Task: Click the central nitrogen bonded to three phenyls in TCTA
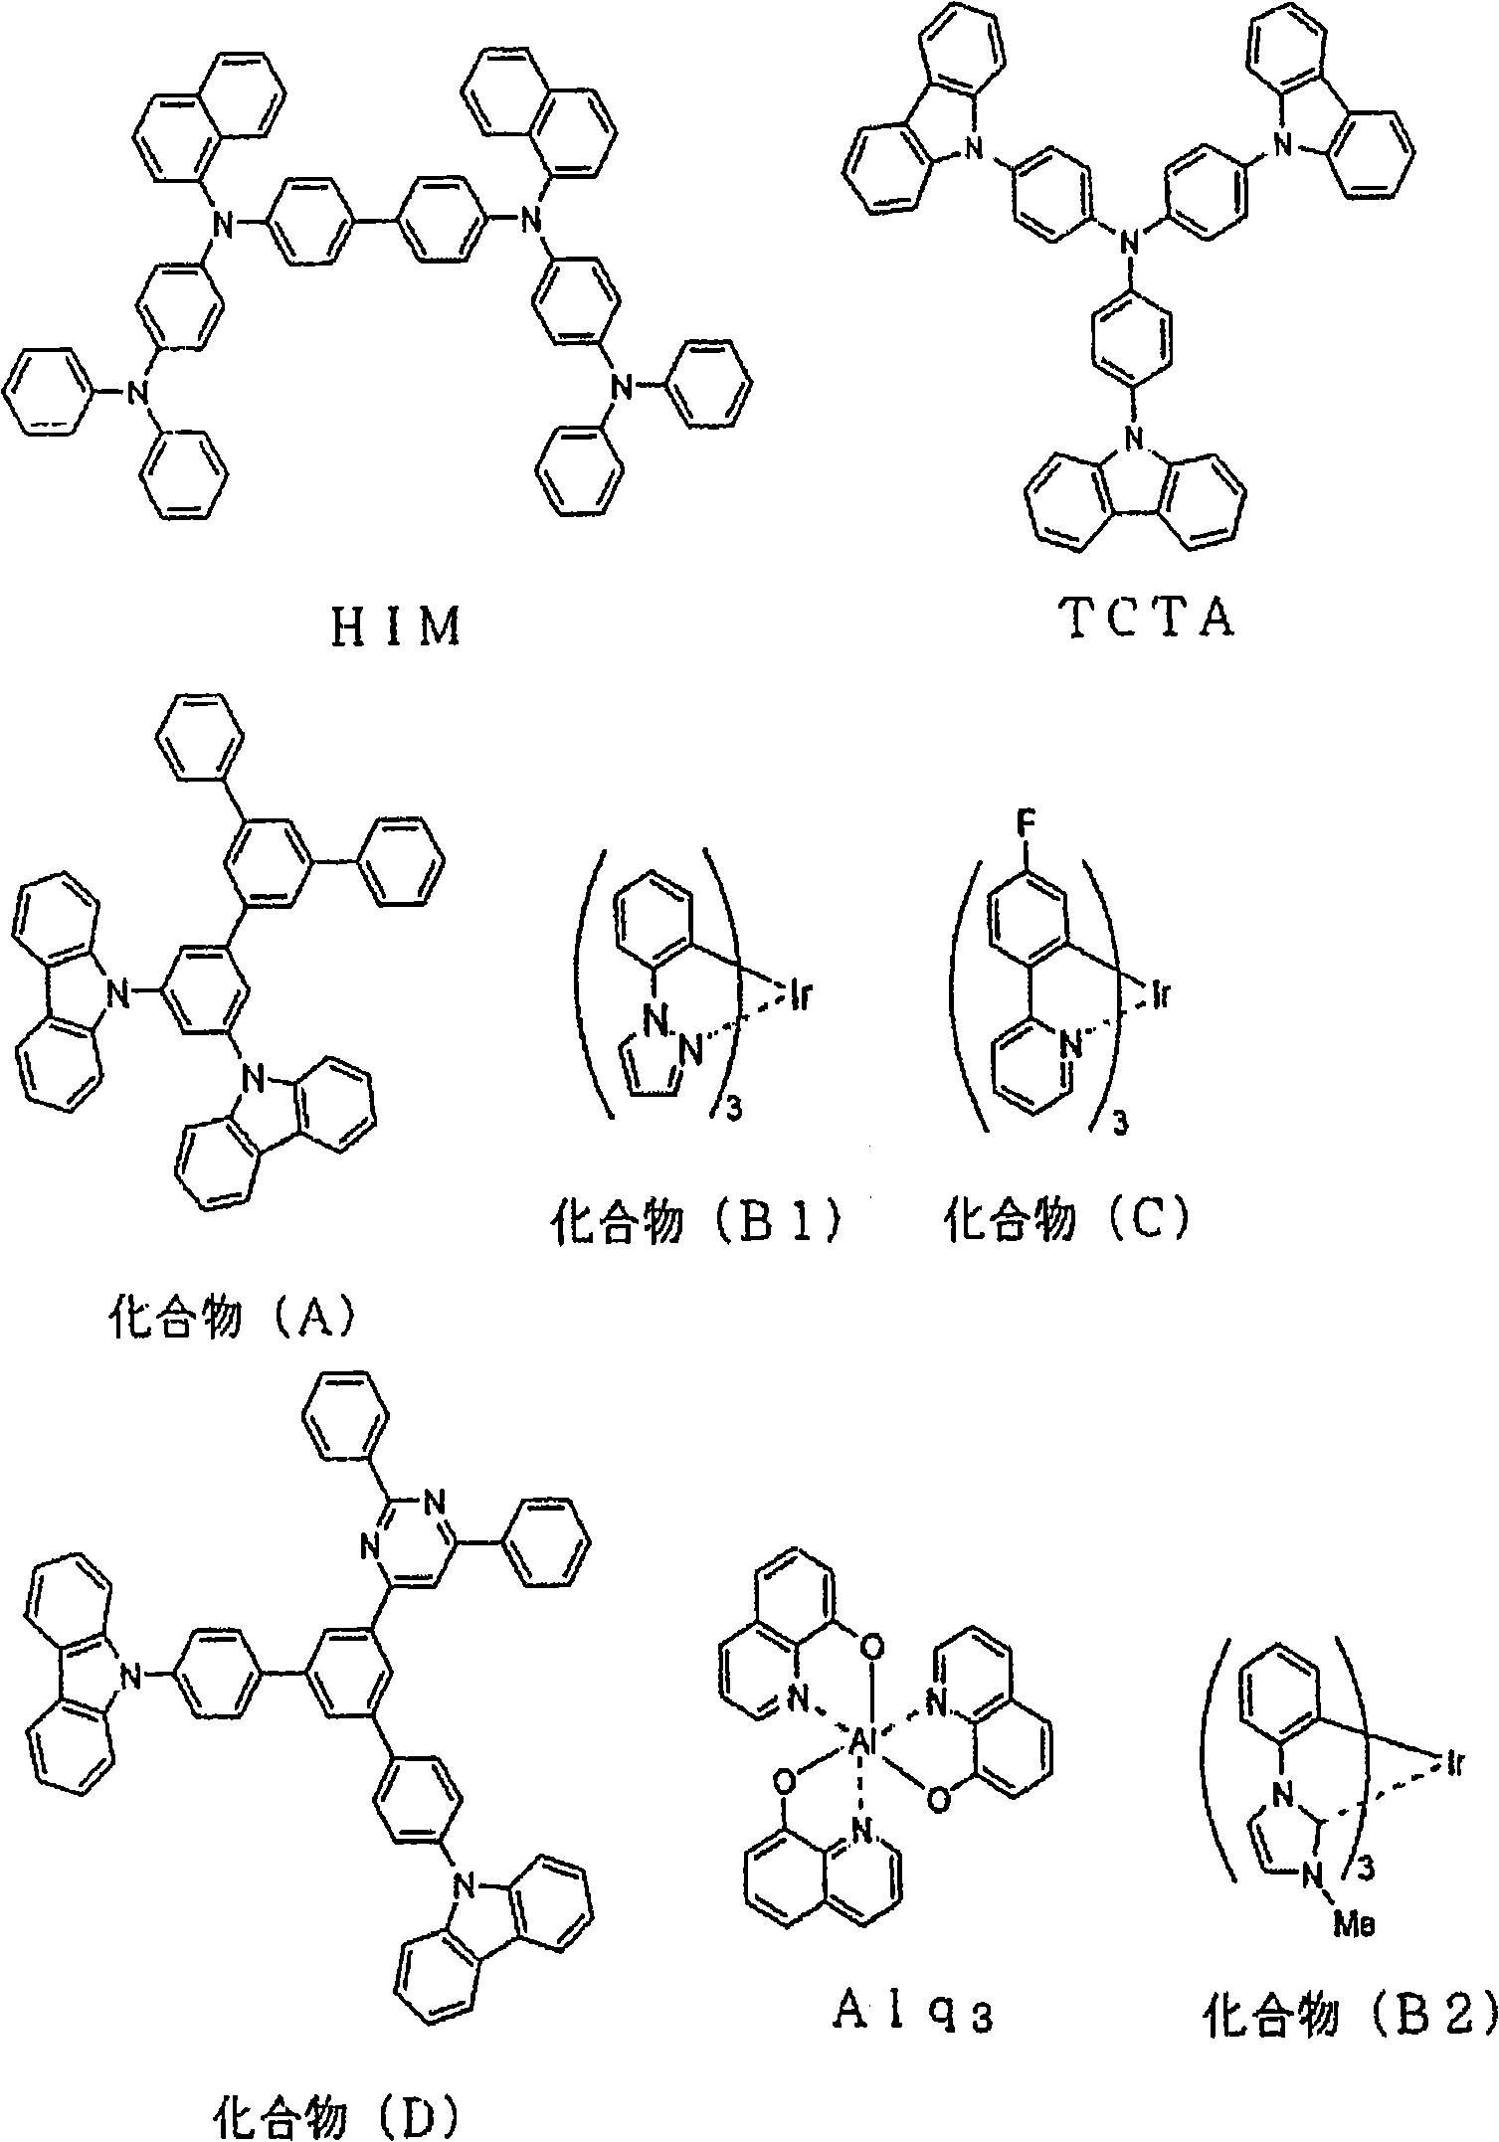click(x=1128, y=240)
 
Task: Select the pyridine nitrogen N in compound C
click(x=1070, y=1044)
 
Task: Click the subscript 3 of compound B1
click(x=734, y=1111)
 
